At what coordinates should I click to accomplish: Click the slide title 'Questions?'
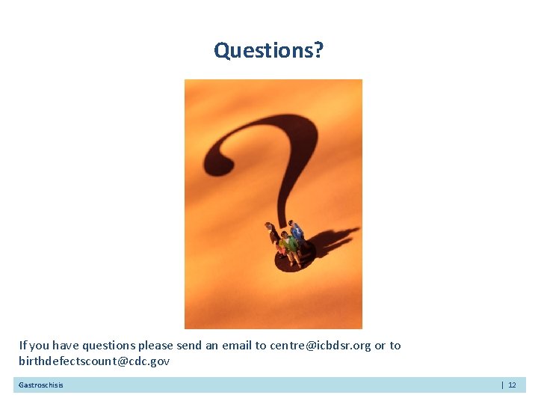point(269,50)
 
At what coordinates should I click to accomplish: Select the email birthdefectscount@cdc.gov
point(94,361)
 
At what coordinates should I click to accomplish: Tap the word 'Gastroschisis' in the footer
point(41,385)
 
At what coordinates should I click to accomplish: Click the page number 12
point(512,385)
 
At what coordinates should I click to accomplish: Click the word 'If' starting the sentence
point(22,346)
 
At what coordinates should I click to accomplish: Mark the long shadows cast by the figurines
point(329,241)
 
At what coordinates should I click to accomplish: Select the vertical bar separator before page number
point(501,385)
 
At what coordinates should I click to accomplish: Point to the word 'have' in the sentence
point(64,346)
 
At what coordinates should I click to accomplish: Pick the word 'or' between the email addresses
point(380,346)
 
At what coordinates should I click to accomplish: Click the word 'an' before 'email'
point(213,346)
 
